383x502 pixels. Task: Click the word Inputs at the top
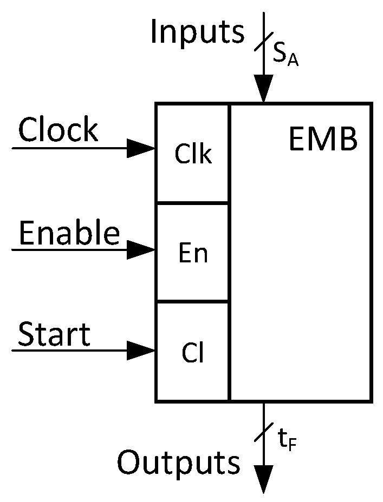click(x=197, y=32)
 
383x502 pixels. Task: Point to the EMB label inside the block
click(x=323, y=140)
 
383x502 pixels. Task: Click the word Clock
click(x=59, y=130)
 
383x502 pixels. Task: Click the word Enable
click(x=69, y=234)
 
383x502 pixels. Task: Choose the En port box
click(x=193, y=253)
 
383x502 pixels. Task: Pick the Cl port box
click(x=193, y=352)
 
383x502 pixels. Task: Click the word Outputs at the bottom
click(x=179, y=463)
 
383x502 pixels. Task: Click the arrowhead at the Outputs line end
click(x=264, y=479)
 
